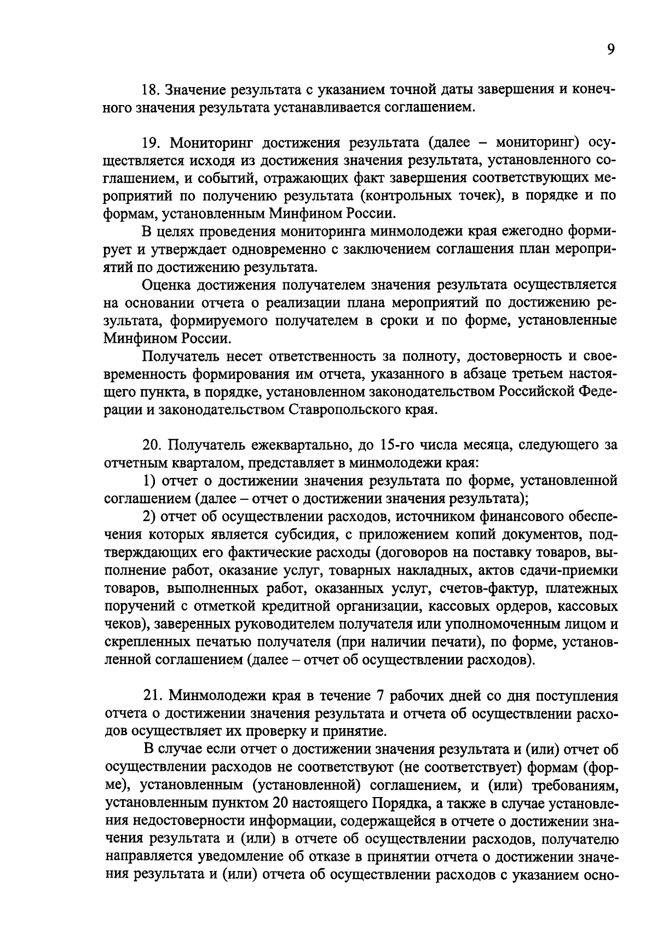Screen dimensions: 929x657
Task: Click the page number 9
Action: [610, 50]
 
